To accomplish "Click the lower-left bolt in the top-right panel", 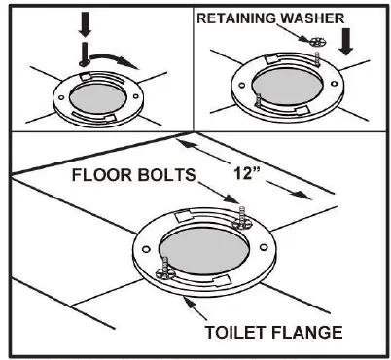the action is [256, 98].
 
